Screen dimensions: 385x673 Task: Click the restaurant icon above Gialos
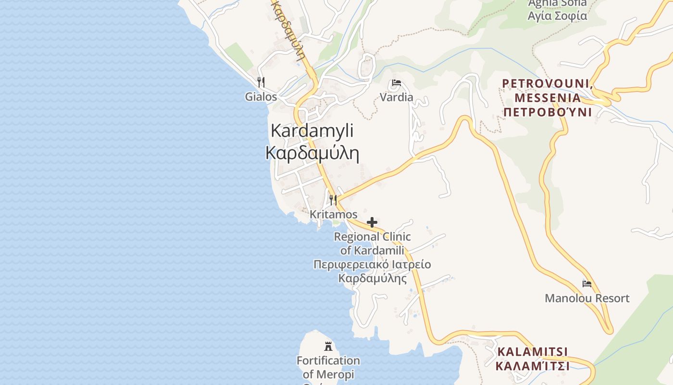click(x=261, y=82)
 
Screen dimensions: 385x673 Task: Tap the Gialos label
click(x=261, y=97)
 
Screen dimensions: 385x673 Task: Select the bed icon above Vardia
click(x=396, y=83)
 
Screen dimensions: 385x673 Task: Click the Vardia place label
click(x=396, y=97)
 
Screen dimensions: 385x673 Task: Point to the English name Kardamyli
click(x=312, y=130)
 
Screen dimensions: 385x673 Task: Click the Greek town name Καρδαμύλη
click(x=312, y=153)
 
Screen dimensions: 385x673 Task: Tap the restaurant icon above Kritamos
click(x=333, y=200)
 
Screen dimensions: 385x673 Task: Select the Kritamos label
click(x=334, y=214)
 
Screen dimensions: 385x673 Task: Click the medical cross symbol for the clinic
click(x=372, y=222)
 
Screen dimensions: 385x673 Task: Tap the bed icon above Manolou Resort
click(x=586, y=284)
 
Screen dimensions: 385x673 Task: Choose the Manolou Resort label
click(x=586, y=298)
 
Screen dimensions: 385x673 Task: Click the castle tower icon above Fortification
click(x=328, y=346)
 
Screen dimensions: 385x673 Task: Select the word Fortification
click(x=328, y=360)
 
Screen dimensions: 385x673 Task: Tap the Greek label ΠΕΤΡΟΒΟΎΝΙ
click(x=547, y=113)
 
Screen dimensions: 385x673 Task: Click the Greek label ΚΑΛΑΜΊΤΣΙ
click(x=532, y=366)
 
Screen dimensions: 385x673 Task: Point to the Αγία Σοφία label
click(x=557, y=16)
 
